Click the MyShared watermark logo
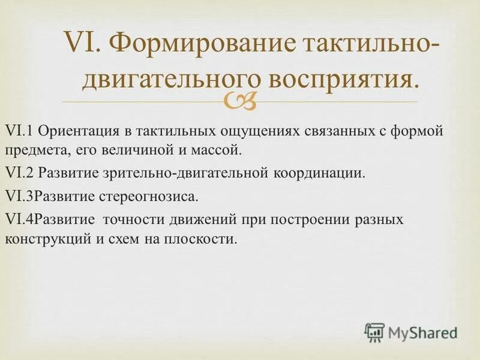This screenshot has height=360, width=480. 410,332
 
